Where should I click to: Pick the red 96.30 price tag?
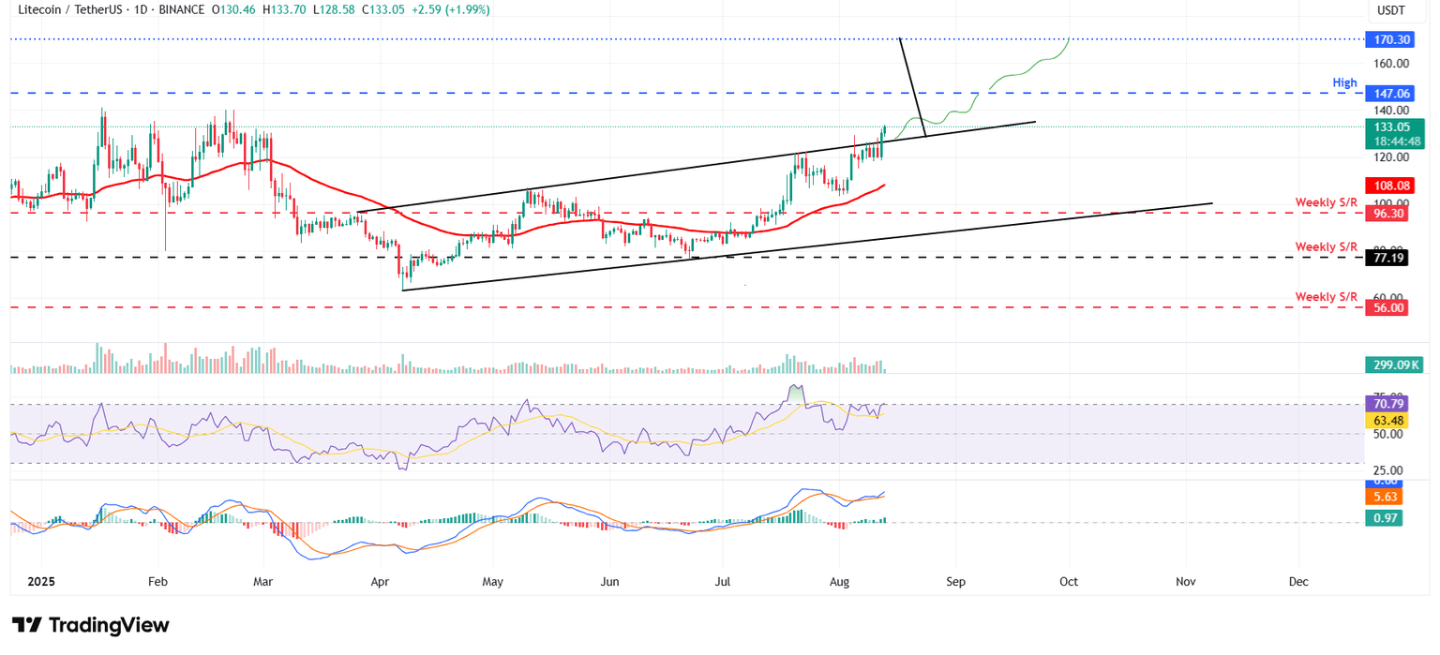tap(1388, 214)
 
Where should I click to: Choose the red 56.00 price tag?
tap(1388, 307)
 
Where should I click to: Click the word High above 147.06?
tap(1344, 83)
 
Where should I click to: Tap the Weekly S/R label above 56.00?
tap(1326, 297)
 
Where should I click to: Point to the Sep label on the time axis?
tap(955, 582)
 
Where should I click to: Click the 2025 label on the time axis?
tap(42, 582)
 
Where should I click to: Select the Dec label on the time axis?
tap(1298, 582)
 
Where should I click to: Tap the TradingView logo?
tap(90, 625)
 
